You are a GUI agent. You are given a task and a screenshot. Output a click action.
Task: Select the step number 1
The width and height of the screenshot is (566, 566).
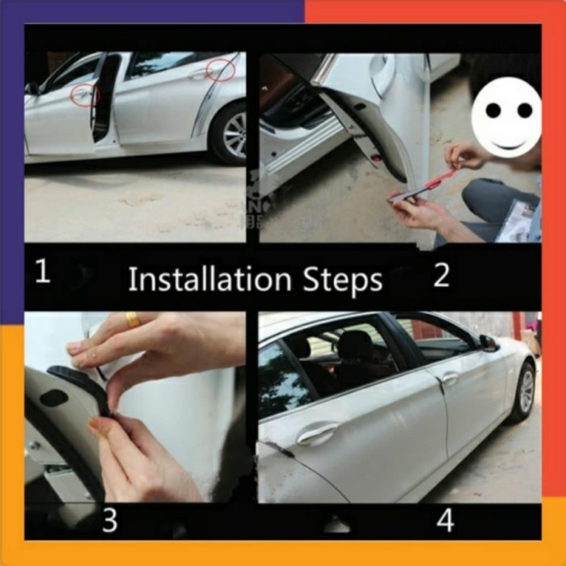pos(42,272)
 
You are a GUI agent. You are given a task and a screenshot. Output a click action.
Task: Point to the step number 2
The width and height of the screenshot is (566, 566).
pos(441,276)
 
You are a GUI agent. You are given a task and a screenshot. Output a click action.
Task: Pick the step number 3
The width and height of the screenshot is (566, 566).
pos(109,521)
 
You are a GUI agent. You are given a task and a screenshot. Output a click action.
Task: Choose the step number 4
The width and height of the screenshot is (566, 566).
pos(445,521)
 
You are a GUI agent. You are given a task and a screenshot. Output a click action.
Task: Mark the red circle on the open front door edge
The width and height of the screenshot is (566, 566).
pos(83,95)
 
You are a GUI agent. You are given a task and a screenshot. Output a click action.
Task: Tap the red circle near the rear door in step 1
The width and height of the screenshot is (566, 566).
pos(220,70)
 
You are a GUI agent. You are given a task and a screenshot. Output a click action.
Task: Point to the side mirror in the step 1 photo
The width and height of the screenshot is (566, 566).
pos(32,88)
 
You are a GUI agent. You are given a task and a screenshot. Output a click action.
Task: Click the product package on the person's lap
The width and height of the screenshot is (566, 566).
pos(517,221)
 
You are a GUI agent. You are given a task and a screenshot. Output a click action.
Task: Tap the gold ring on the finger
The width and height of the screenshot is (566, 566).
pos(132,320)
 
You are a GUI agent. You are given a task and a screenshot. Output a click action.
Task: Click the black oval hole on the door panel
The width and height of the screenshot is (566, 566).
pos(53,398)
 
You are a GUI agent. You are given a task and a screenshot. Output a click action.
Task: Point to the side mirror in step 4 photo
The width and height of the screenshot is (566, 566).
pos(488,343)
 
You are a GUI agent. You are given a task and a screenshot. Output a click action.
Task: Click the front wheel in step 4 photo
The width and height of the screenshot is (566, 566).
pos(523,392)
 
